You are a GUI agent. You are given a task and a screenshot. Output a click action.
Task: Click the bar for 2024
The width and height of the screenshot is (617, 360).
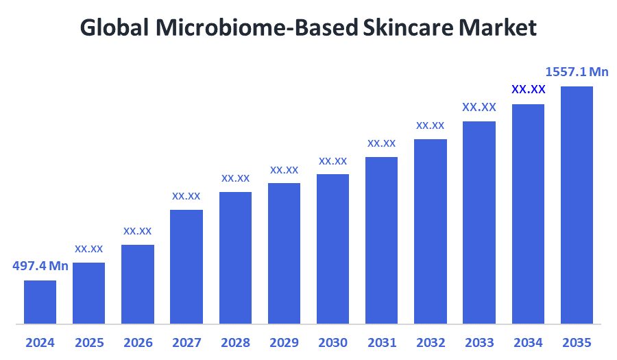tap(40, 302)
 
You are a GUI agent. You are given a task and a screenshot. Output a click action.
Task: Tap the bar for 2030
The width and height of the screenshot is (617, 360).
tap(332, 248)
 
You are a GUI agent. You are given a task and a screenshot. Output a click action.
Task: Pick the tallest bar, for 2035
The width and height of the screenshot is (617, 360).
tap(577, 204)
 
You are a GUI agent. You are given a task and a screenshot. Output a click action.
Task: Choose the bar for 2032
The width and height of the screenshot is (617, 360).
tap(431, 231)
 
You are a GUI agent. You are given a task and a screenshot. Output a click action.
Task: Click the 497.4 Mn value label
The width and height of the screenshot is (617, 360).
tap(40, 266)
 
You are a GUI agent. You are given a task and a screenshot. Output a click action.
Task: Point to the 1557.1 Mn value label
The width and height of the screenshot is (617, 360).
tap(577, 71)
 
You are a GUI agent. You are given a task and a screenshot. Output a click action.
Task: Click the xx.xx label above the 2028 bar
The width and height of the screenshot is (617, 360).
tap(235, 178)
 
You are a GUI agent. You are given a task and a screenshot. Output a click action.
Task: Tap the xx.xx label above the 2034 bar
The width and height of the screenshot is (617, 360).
tap(528, 89)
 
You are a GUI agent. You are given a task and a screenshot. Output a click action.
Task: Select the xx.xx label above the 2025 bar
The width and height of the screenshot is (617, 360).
tap(89, 248)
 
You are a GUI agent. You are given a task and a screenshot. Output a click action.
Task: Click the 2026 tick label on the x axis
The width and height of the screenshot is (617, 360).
tap(138, 342)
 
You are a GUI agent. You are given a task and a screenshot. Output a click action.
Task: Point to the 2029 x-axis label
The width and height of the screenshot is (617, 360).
tap(284, 342)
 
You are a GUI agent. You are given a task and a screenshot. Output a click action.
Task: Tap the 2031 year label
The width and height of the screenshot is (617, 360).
tap(382, 342)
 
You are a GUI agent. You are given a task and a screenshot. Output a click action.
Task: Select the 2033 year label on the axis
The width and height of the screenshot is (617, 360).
tap(479, 342)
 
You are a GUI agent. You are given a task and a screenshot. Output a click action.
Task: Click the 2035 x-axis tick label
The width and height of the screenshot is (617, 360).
tap(577, 342)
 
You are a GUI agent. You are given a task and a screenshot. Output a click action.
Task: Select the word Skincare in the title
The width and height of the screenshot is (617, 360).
tap(407, 27)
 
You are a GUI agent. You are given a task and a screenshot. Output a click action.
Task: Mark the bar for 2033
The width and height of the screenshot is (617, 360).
tap(479, 222)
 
